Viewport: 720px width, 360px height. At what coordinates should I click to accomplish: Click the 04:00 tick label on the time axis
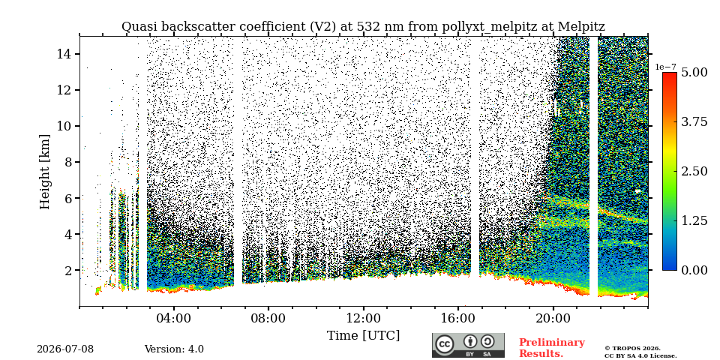175,318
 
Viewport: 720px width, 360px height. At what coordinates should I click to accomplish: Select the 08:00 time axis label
269,318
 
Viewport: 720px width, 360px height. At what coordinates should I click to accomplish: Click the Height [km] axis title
44,172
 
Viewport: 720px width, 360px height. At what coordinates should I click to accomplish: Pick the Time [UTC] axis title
363,336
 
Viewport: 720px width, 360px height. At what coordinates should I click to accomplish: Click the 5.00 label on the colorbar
694,73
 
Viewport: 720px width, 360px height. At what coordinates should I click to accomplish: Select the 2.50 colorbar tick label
694,171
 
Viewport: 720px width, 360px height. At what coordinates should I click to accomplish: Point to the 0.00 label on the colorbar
694,270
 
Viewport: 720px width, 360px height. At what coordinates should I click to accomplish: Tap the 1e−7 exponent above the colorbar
666,67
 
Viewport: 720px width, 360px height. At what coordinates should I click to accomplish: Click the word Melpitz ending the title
581,27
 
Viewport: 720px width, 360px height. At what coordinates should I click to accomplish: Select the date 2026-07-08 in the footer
65,349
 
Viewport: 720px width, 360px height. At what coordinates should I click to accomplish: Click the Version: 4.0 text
174,349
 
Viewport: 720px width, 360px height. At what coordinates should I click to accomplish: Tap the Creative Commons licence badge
468,345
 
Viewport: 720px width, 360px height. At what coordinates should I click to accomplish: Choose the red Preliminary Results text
552,348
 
